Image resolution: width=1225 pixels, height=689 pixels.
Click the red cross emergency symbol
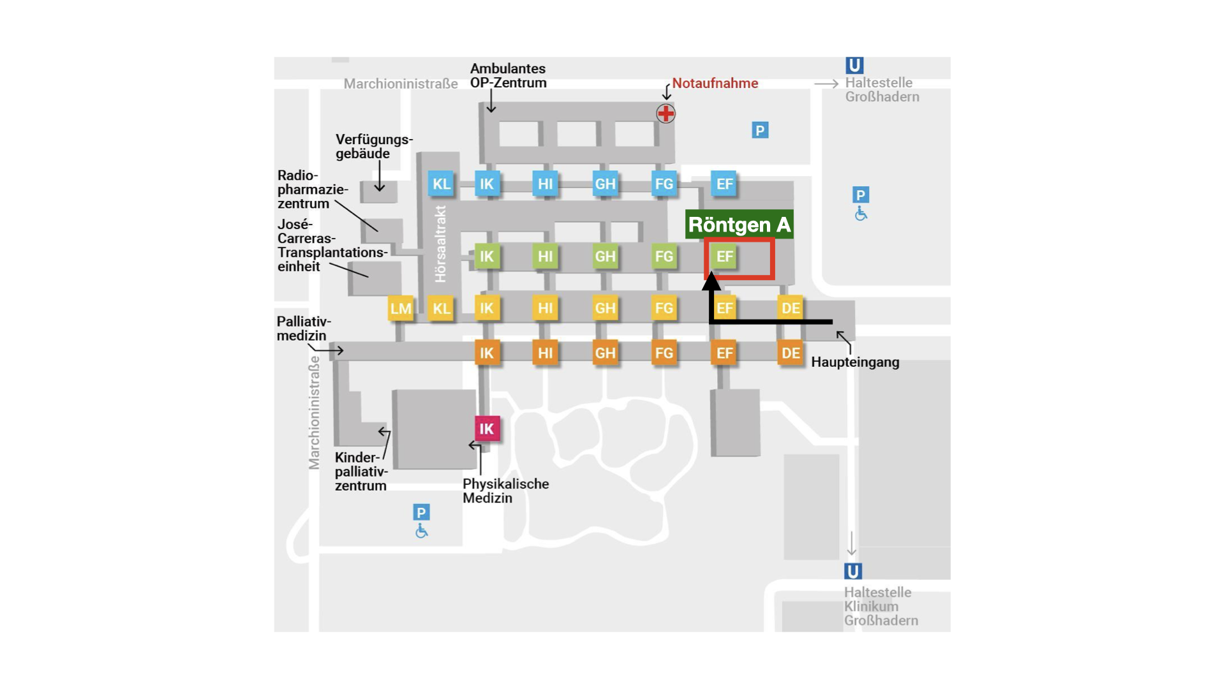point(665,114)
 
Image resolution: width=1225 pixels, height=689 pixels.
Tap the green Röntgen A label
point(739,225)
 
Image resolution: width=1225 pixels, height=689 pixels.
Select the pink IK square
point(487,429)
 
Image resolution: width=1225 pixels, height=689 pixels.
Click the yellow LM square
point(401,309)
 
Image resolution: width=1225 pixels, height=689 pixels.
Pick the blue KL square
point(442,184)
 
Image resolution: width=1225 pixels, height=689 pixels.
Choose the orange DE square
point(791,353)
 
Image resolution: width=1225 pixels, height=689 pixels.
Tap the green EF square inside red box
point(724,256)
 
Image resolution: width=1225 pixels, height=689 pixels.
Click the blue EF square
point(724,184)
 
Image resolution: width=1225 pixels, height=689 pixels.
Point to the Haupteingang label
point(855,362)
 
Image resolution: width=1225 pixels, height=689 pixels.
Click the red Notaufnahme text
point(715,83)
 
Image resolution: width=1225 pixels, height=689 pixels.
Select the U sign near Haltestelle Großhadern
point(854,65)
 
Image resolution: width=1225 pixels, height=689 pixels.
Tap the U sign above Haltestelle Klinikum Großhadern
point(853,571)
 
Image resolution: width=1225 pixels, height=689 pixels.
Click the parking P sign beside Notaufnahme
point(759,130)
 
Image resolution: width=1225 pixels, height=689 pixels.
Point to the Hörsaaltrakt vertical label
point(440,244)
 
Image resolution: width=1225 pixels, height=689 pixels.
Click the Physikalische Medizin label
point(506,491)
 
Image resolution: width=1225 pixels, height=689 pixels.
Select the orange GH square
point(605,353)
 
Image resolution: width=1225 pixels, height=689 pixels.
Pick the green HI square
point(545,256)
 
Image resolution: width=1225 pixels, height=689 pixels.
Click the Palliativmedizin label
point(304,329)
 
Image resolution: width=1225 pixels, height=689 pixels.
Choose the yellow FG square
point(664,309)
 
